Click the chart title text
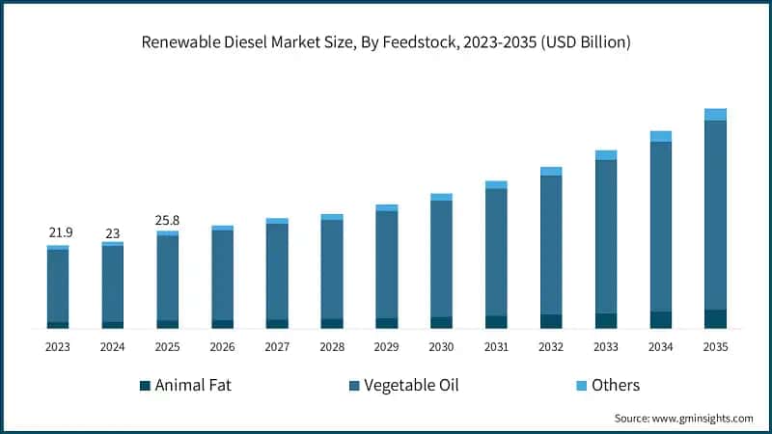coord(386,41)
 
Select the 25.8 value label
coord(167,221)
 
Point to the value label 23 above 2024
coord(113,232)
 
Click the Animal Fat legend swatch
coord(146,386)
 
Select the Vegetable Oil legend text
coord(411,386)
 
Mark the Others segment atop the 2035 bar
coord(715,115)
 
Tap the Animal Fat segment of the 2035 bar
coord(715,319)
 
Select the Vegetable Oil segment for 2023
coord(58,285)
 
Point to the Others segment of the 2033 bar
coord(606,155)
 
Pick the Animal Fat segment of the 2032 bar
coord(551,321)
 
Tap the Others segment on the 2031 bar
coord(496,184)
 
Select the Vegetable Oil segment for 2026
coord(222,275)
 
